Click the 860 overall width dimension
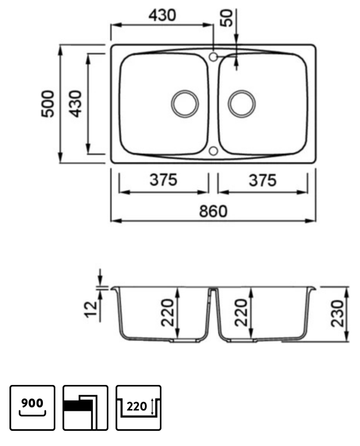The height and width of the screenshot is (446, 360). pos(213,211)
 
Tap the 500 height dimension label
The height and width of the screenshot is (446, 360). pos(48,104)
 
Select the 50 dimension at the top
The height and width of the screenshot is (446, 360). pos(227,17)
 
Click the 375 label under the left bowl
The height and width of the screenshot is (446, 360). pos(163,180)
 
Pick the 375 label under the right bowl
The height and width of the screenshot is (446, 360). pos(263,181)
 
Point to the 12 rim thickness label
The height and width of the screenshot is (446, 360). pos(91,309)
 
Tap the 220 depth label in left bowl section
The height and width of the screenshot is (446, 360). pos(167,313)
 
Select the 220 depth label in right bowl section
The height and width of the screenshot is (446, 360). pos(241,313)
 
